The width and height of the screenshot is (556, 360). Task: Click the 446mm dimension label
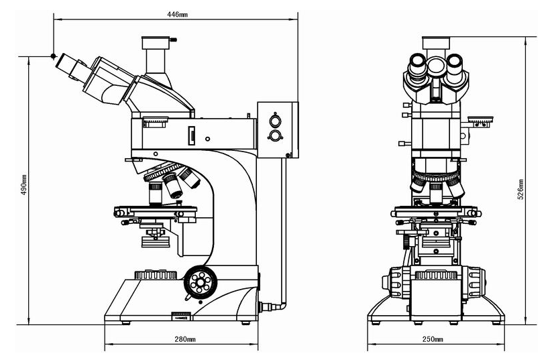(x=176, y=14)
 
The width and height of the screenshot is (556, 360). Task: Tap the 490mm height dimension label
(x=24, y=187)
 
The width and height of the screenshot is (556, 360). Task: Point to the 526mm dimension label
(x=520, y=190)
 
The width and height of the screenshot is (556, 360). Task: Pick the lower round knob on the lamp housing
(x=274, y=136)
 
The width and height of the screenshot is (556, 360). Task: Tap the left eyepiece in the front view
(x=416, y=66)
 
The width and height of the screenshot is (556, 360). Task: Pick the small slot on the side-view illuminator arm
(x=192, y=137)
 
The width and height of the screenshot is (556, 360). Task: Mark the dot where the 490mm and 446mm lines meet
(x=53, y=56)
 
